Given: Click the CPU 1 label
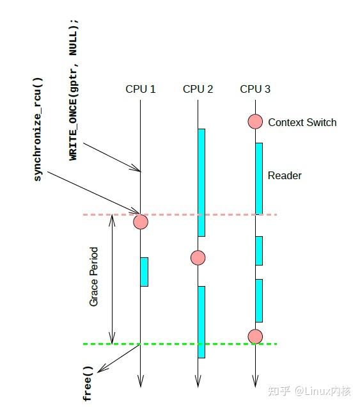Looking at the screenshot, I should (x=140, y=89).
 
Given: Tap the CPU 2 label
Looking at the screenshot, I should (x=198, y=89).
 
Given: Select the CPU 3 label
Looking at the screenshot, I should (x=255, y=89).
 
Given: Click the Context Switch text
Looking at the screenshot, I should (x=302, y=122).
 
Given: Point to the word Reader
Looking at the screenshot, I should (x=285, y=175).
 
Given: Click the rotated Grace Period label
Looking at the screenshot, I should (x=94, y=276).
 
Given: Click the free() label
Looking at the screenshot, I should (x=88, y=383).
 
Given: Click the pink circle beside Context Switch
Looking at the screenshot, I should (x=255, y=122).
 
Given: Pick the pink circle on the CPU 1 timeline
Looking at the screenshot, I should (x=140, y=222).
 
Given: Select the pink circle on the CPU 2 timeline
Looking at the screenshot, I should (x=198, y=258).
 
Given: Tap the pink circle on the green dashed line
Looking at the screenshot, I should (x=255, y=336).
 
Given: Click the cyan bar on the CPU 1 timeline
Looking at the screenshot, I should (x=144, y=272).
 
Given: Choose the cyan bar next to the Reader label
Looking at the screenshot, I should (x=259, y=178).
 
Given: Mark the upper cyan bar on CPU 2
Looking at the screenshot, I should (x=201, y=182).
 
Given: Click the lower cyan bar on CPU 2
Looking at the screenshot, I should (x=201, y=322).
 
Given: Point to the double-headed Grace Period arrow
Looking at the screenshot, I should (x=113, y=279).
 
